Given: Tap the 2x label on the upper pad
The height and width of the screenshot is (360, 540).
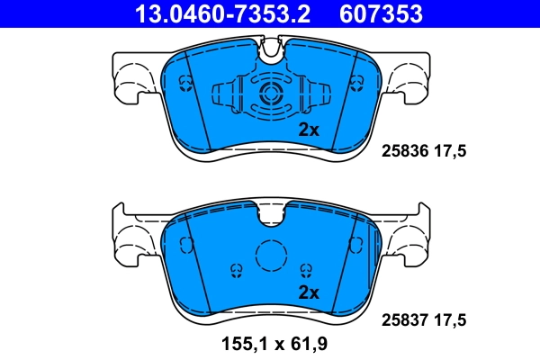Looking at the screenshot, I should [x=309, y=130].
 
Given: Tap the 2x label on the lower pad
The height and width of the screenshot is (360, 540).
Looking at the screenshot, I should [x=309, y=292].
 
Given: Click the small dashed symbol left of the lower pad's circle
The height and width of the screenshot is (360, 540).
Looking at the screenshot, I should [x=236, y=269].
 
